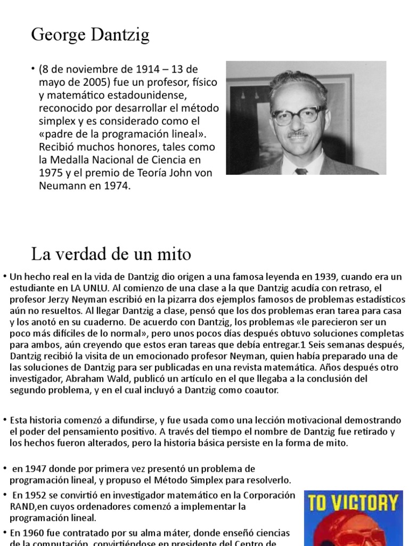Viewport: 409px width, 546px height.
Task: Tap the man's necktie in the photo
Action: pos(301,171)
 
